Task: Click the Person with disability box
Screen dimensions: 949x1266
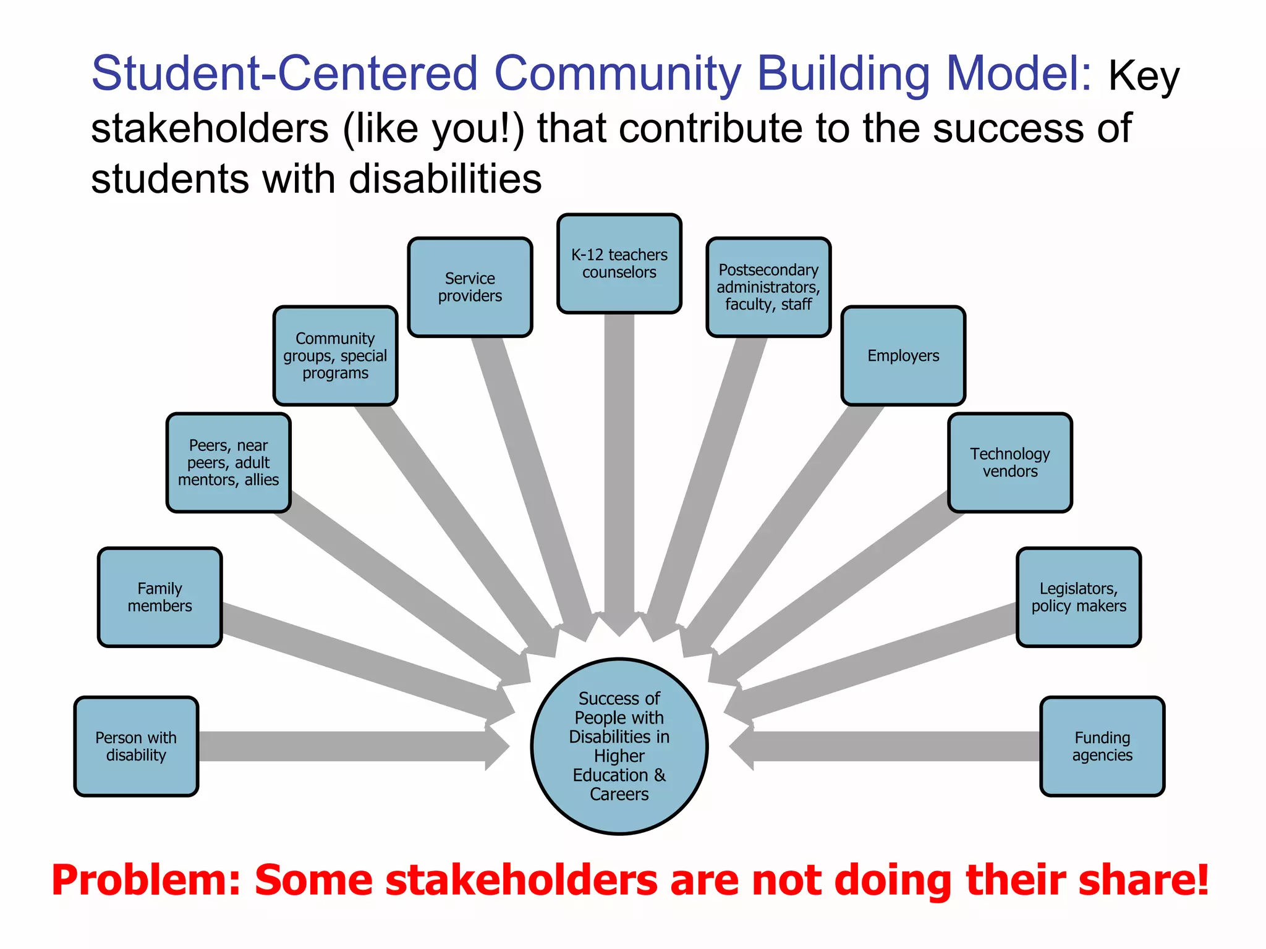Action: click(136, 746)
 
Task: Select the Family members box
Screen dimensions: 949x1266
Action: click(159, 597)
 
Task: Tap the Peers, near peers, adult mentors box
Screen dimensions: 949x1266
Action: click(228, 463)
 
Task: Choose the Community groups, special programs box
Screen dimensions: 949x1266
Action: click(335, 356)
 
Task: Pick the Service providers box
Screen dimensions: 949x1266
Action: click(470, 287)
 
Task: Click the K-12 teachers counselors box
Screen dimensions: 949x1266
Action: click(619, 264)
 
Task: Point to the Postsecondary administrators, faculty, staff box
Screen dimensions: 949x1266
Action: click(768, 287)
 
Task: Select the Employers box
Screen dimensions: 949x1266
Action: click(903, 356)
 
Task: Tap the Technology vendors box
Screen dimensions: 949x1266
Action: click(1010, 463)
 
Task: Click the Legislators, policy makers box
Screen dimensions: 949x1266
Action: click(1079, 597)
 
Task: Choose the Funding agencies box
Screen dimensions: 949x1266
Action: click(1102, 746)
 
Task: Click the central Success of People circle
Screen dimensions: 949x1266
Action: click(619, 746)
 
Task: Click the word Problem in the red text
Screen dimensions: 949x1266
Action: click(146, 880)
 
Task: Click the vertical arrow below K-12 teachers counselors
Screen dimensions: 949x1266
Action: click(619, 463)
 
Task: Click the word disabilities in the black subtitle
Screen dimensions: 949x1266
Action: click(445, 179)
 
